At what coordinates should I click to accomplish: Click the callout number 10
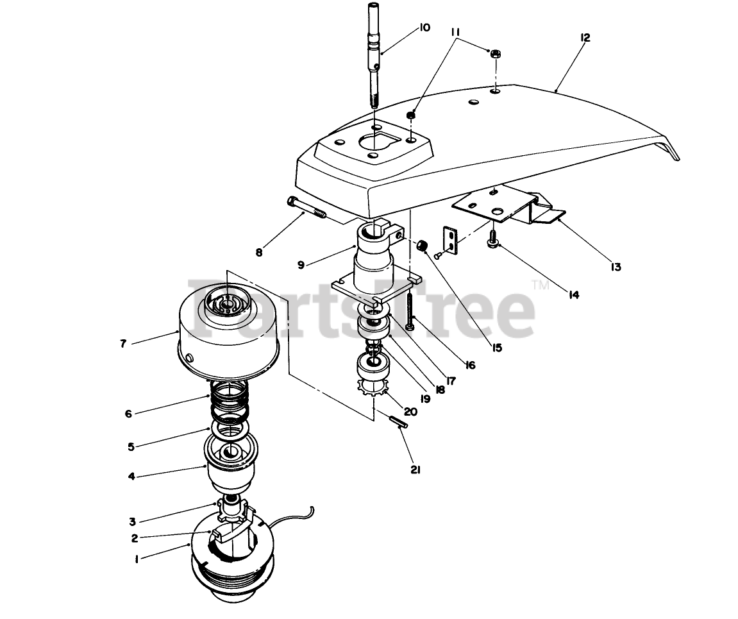[424, 28]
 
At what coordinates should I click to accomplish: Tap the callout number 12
[584, 38]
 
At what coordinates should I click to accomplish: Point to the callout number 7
[123, 343]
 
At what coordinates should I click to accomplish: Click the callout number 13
[616, 266]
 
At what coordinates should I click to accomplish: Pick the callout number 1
[137, 559]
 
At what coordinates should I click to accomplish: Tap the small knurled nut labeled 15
[422, 246]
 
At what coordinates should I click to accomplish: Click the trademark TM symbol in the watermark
[540, 285]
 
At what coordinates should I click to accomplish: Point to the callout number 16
[469, 366]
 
